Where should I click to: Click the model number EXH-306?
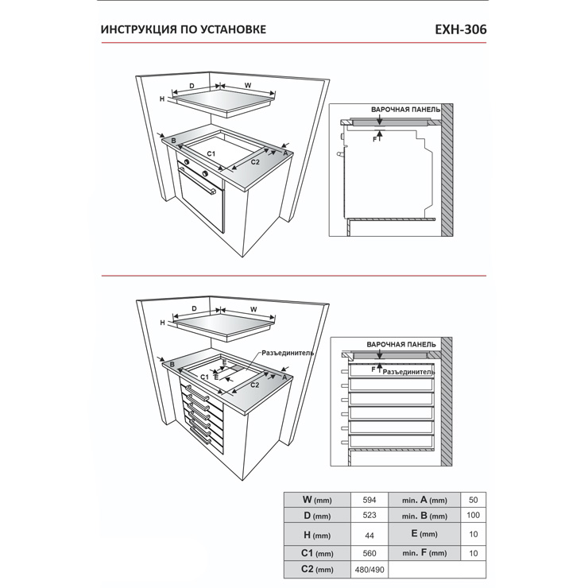461,29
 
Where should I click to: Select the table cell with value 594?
369,500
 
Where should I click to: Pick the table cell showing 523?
369,515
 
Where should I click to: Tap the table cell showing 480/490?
369,570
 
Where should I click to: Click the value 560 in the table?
369,554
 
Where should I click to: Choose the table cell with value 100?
474,515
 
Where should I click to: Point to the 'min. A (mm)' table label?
424,500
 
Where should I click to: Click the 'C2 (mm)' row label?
317,569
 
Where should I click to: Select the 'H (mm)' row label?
317,535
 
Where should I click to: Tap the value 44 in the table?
369,536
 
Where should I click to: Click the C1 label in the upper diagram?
211,153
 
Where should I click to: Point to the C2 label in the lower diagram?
254,385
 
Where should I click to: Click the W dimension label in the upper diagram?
248,86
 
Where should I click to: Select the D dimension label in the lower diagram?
194,308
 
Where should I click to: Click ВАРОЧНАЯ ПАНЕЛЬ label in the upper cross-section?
406,110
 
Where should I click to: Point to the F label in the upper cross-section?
374,139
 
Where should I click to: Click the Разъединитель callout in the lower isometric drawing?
288,353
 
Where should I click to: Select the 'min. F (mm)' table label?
424,553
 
